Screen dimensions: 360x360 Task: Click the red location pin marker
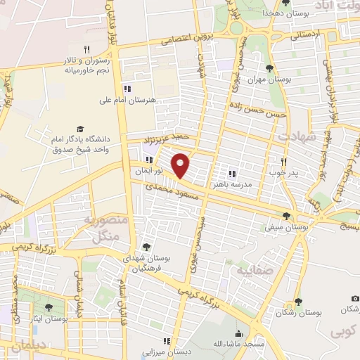(x=181, y=165)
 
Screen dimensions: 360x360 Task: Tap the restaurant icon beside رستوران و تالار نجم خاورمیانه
(x=86, y=49)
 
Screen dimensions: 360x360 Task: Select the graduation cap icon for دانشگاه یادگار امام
(x=80, y=129)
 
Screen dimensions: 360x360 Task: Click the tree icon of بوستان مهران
(x=269, y=68)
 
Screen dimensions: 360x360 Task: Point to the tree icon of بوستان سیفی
(x=286, y=216)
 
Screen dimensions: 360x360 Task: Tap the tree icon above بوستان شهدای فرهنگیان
(x=146, y=247)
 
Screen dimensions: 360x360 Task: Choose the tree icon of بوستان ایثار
(x=49, y=307)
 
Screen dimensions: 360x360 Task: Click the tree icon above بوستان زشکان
(x=298, y=302)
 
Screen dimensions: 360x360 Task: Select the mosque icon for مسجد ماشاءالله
(x=239, y=333)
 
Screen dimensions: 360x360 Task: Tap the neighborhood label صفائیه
(x=252, y=270)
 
